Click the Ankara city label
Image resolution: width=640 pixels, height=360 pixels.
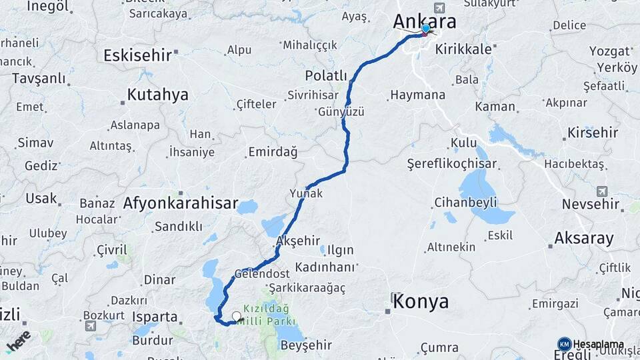pyautogui.click(x=425, y=21)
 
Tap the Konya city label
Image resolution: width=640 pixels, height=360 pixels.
pyautogui.click(x=421, y=302)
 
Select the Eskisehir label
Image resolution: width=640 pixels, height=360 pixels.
pyautogui.click(x=138, y=55)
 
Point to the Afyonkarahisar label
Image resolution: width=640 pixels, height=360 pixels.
pyautogui.click(x=180, y=204)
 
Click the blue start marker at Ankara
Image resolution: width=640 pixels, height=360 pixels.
pyautogui.click(x=425, y=29)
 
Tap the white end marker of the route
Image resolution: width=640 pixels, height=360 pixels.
pyautogui.click(x=236, y=316)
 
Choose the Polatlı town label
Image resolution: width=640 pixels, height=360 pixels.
pyautogui.click(x=326, y=75)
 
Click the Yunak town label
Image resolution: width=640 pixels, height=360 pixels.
pyautogui.click(x=306, y=193)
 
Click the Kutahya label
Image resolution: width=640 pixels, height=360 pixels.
pyautogui.click(x=158, y=95)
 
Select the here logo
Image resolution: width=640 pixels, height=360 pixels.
pyautogui.click(x=19, y=341)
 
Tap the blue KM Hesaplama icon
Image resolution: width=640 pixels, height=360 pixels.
pyautogui.click(x=564, y=344)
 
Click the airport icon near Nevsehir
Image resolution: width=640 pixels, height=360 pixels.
pyautogui.click(x=603, y=191)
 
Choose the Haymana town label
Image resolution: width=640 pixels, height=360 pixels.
pyautogui.click(x=417, y=95)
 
